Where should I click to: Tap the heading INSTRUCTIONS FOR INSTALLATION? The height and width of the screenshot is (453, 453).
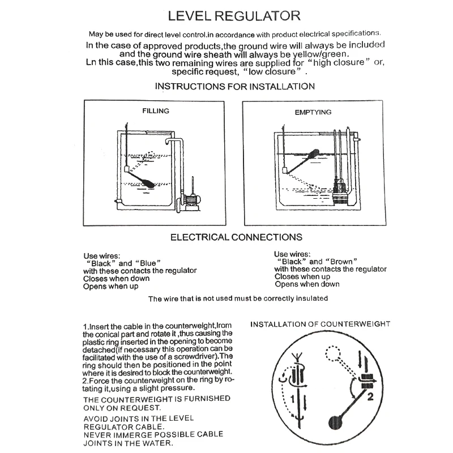[x=234, y=87]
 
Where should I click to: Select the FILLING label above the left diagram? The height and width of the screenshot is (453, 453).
[x=155, y=111]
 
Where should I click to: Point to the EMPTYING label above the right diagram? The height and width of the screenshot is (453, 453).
[x=313, y=112]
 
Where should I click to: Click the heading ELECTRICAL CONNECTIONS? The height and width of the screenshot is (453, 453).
[x=236, y=237]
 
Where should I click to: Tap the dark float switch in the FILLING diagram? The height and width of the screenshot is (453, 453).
[x=146, y=182]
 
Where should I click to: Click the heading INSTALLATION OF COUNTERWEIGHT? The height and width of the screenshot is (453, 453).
[x=320, y=324]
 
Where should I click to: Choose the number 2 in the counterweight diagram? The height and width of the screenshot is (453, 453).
[x=370, y=397]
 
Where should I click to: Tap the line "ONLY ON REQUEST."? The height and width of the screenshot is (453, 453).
[x=122, y=407]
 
